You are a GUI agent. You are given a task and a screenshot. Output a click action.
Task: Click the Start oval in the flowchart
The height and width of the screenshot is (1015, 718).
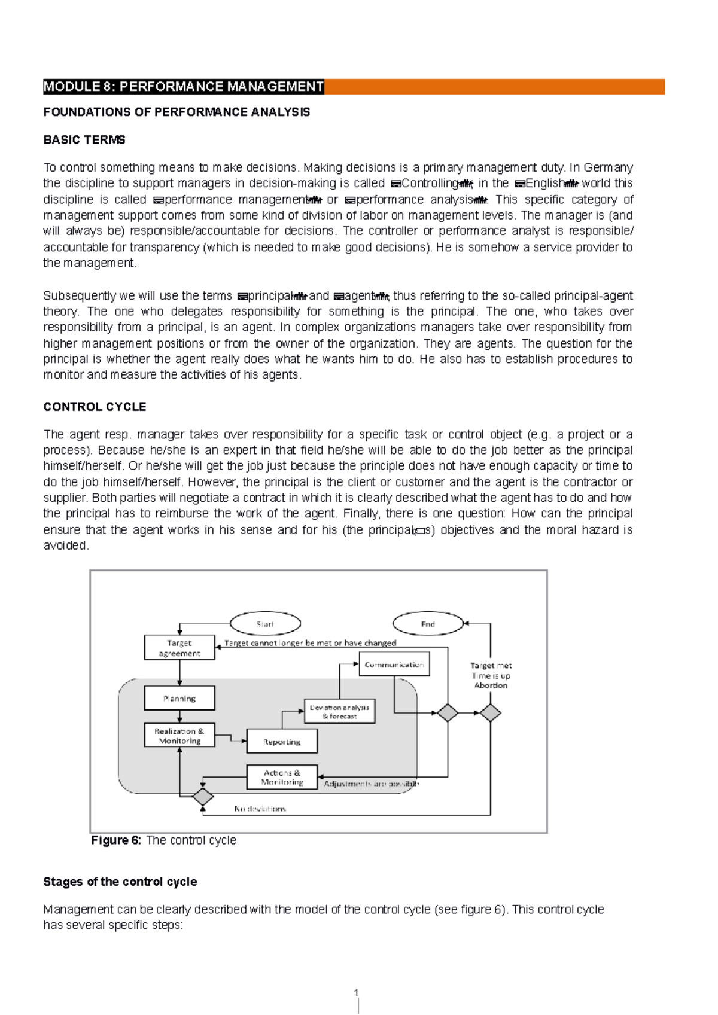point(265,624)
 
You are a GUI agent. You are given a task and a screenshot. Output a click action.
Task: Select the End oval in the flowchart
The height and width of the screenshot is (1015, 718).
point(428,624)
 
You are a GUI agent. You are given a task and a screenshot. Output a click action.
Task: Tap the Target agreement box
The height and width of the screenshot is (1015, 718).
point(180,648)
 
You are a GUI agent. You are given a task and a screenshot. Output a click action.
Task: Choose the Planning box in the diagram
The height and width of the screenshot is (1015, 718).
point(180,698)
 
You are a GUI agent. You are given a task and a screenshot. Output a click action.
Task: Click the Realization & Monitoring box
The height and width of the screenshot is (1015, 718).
point(180,736)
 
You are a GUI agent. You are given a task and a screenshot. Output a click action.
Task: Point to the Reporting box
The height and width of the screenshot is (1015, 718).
point(282,742)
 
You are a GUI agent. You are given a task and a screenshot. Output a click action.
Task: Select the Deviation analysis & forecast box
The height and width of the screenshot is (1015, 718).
point(339,711)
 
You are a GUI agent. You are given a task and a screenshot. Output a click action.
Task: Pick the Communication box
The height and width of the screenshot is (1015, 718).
point(394,665)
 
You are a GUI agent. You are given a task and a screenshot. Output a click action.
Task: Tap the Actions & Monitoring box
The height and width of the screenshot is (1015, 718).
point(282,777)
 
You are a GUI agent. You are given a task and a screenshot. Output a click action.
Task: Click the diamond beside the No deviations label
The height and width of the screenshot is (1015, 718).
point(203,797)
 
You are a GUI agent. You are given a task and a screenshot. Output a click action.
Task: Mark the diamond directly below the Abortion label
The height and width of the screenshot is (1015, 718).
point(490,713)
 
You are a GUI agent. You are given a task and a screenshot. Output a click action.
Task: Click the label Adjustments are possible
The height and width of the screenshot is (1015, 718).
point(371,783)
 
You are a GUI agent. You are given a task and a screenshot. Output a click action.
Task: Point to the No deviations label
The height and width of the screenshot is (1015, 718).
point(260,809)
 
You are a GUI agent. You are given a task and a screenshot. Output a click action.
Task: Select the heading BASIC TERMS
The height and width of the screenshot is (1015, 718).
point(84,140)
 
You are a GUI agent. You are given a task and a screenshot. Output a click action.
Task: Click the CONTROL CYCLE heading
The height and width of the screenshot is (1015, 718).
point(95,407)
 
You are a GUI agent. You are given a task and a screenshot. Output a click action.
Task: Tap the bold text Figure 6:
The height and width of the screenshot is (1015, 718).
point(116,840)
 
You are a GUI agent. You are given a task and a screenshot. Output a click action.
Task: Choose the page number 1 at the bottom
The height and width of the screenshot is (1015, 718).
point(357,993)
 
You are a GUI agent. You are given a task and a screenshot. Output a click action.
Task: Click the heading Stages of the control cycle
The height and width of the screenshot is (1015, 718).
point(120,882)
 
